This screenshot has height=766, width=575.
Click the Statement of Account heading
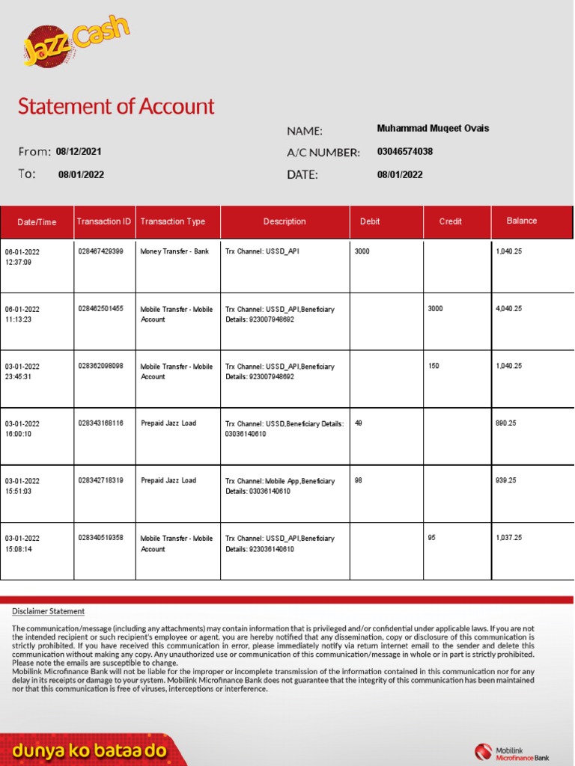(x=116, y=106)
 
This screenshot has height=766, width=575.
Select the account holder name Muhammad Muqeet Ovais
(x=433, y=129)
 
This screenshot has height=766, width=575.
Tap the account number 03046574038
(x=404, y=152)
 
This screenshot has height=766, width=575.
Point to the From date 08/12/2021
(x=79, y=152)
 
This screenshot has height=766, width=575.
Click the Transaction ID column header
(x=104, y=221)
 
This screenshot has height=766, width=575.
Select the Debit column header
(x=370, y=221)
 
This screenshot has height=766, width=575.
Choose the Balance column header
(x=521, y=221)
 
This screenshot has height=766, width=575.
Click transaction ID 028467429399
(x=100, y=251)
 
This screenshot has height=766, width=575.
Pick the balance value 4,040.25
(x=508, y=309)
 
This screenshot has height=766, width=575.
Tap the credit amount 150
(x=433, y=367)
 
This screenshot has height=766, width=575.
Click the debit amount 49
(x=359, y=423)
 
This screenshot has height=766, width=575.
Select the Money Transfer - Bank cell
(x=174, y=251)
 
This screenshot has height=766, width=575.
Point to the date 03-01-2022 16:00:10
(x=22, y=429)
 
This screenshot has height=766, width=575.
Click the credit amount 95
(x=431, y=538)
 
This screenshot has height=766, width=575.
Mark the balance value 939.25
(x=506, y=481)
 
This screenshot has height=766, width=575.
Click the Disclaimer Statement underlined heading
(x=48, y=611)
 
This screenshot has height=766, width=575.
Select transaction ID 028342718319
(x=100, y=481)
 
